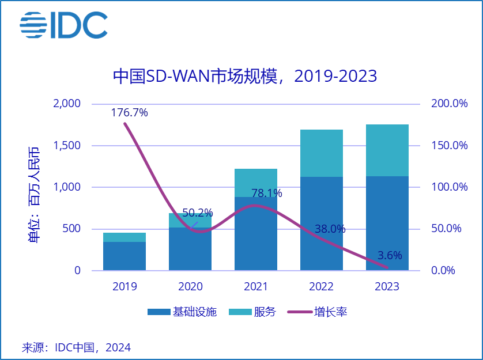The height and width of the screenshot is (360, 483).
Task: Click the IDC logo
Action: pos(64,25)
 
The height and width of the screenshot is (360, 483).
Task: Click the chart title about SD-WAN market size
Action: pos(245,77)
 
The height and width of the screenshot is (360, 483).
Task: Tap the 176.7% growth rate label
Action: pos(129,113)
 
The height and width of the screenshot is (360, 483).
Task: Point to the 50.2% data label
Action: pos(198,213)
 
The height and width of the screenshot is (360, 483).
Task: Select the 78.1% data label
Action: pos(267,193)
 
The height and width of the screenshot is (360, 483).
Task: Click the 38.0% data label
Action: pos(330,229)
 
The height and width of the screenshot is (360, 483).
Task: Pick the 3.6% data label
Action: pos(390,255)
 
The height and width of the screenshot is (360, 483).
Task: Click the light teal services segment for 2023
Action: pos(387,150)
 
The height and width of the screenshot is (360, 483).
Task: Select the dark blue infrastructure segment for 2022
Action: pos(322,223)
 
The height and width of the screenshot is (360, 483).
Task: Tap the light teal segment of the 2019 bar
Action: pos(124,237)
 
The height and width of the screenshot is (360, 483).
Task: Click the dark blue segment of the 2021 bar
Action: pos(256,234)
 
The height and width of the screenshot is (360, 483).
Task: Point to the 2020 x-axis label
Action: pos(190,287)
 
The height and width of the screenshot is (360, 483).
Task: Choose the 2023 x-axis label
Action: pos(387,287)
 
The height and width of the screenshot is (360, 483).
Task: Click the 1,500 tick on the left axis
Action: pos(67,145)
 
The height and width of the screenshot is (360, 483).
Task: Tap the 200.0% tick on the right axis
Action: pos(450,104)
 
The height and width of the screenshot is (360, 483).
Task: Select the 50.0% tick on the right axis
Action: pos(446,229)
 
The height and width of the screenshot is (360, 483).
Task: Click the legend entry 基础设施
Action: pos(182,312)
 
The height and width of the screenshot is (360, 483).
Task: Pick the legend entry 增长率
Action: pos(317,312)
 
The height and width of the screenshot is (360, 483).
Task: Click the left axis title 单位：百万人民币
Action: pos(34,195)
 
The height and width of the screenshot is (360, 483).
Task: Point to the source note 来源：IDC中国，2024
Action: pos(77,347)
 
